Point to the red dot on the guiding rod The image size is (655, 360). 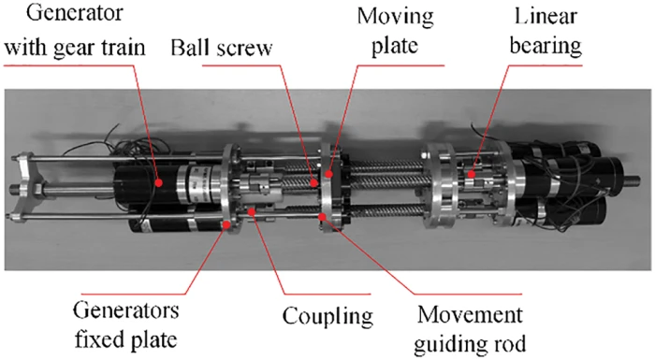(325, 217)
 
